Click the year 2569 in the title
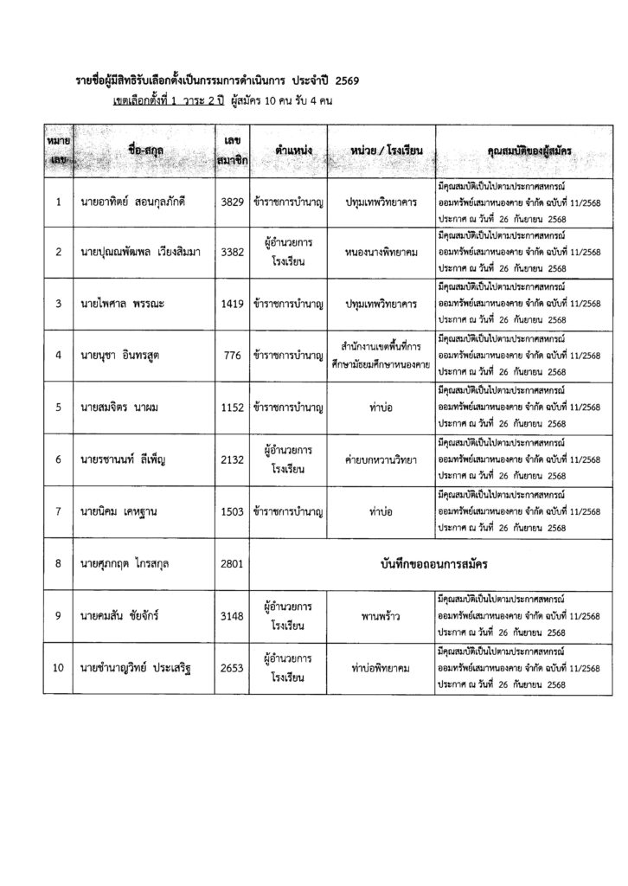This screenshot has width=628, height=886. point(343,81)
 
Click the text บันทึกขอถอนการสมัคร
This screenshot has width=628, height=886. point(429,564)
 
